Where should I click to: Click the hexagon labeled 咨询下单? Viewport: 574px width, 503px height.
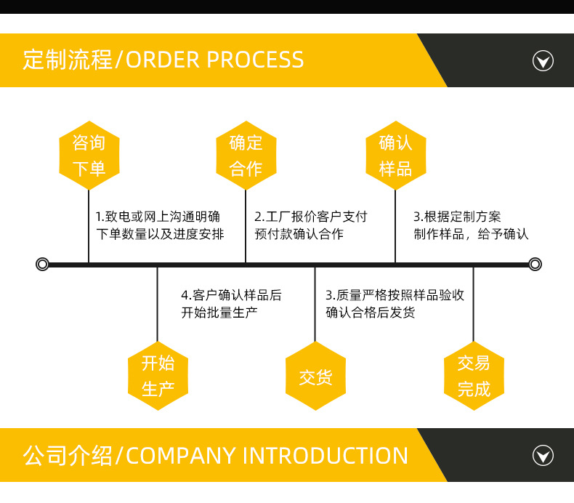pyautogui.click(x=89, y=156)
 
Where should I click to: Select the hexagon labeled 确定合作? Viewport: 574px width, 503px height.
pyautogui.click(x=246, y=156)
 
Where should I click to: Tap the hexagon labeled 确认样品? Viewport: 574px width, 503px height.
pyautogui.click(x=395, y=156)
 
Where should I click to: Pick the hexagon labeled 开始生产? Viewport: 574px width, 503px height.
pyautogui.click(x=158, y=376)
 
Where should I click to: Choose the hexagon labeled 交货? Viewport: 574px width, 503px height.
pyautogui.click(x=315, y=376)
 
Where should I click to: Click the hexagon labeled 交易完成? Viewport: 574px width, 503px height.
pyautogui.click(x=474, y=376)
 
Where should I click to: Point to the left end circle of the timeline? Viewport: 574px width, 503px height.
pyautogui.click(x=42, y=264)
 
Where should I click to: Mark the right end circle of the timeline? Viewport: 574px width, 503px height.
pyautogui.click(x=535, y=264)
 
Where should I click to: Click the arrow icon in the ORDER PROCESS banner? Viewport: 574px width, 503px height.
pyautogui.click(x=543, y=60)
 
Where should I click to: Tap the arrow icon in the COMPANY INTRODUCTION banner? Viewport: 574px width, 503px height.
pyautogui.click(x=543, y=456)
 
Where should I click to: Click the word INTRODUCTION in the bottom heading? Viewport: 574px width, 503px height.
pyautogui.click(x=325, y=456)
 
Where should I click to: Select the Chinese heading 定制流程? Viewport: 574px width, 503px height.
pyautogui.click(x=67, y=60)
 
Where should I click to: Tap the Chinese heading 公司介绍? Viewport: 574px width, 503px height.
pyautogui.click(x=68, y=456)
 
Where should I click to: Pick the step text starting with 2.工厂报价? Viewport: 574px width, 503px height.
pyautogui.click(x=311, y=225)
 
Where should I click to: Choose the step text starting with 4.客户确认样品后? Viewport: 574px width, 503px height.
pyautogui.click(x=231, y=304)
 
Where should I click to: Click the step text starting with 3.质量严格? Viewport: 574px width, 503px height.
pyautogui.click(x=395, y=304)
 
